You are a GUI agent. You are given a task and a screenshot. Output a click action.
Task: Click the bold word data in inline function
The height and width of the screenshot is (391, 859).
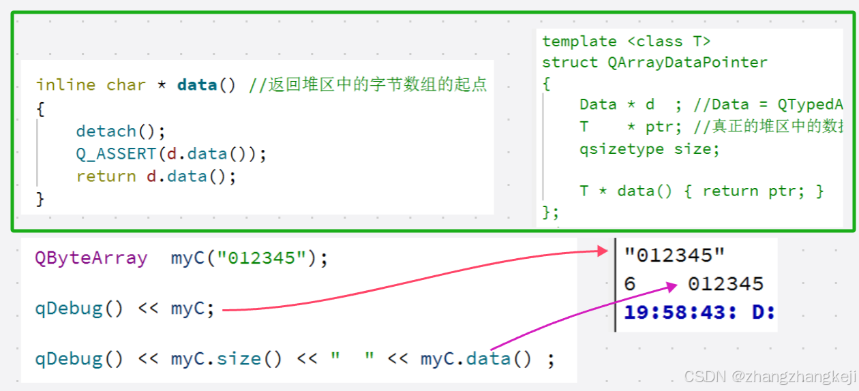(x=196, y=85)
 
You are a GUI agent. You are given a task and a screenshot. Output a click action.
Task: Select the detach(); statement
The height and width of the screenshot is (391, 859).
(x=121, y=131)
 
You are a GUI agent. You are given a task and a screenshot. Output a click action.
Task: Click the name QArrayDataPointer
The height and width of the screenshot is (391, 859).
(x=687, y=63)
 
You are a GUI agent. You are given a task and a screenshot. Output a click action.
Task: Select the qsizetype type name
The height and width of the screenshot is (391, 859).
(x=622, y=149)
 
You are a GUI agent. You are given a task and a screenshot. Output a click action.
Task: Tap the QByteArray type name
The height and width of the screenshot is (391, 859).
(x=91, y=259)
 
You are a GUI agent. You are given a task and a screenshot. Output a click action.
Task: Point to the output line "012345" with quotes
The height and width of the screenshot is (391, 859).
(x=674, y=255)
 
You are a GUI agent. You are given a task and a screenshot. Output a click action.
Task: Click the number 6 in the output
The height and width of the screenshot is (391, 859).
(x=630, y=284)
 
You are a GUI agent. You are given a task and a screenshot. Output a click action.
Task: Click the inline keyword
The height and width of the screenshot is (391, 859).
(x=65, y=85)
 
